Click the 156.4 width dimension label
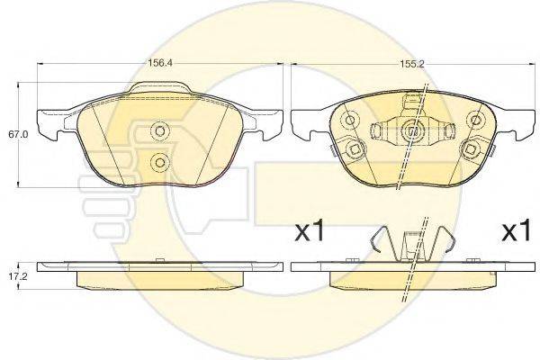coord(160,63)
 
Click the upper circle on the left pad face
coord(160,131)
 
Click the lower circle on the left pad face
coord(160,161)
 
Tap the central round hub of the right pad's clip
coord(412,130)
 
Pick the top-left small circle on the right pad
coord(350,121)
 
